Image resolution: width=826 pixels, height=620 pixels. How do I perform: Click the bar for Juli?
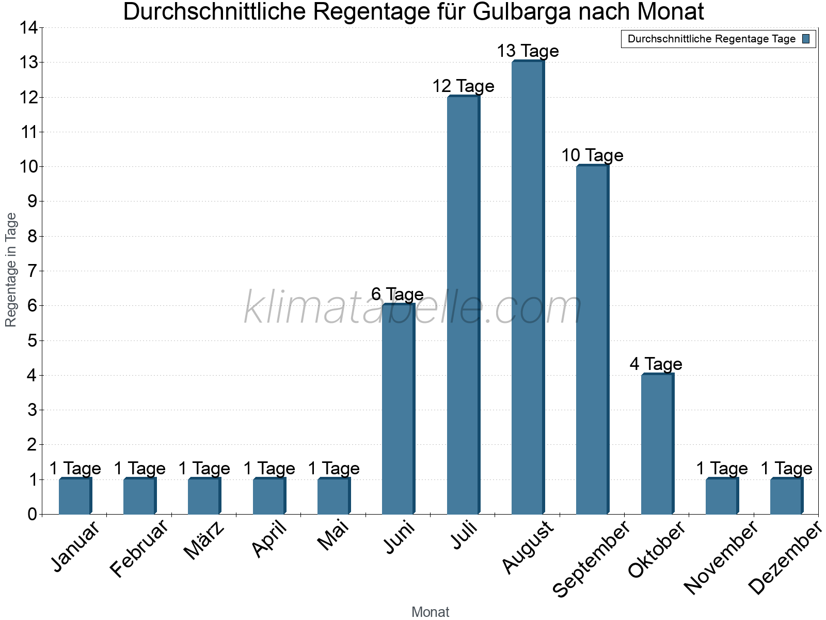tap(463, 305)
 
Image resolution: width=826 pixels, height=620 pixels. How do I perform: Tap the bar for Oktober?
tap(657, 444)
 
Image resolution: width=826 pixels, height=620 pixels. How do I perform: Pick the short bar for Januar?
tap(75, 496)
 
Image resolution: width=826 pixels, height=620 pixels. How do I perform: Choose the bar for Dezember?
tap(786, 496)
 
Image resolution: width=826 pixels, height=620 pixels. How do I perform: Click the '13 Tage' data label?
tap(528, 51)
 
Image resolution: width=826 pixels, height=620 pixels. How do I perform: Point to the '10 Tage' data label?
tap(592, 156)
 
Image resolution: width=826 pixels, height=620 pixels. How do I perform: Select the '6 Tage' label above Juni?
tap(398, 295)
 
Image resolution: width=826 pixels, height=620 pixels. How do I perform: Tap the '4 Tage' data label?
tap(656, 364)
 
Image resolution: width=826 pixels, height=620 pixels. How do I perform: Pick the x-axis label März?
tap(205, 540)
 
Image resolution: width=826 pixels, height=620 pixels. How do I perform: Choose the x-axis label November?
tap(722, 558)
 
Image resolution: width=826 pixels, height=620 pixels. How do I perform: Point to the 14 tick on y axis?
tap(29, 28)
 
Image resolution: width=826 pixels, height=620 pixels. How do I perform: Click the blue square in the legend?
tap(806, 39)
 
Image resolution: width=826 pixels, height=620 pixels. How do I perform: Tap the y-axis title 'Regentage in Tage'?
tap(11, 270)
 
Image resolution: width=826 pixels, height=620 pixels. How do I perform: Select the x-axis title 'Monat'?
tap(430, 612)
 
